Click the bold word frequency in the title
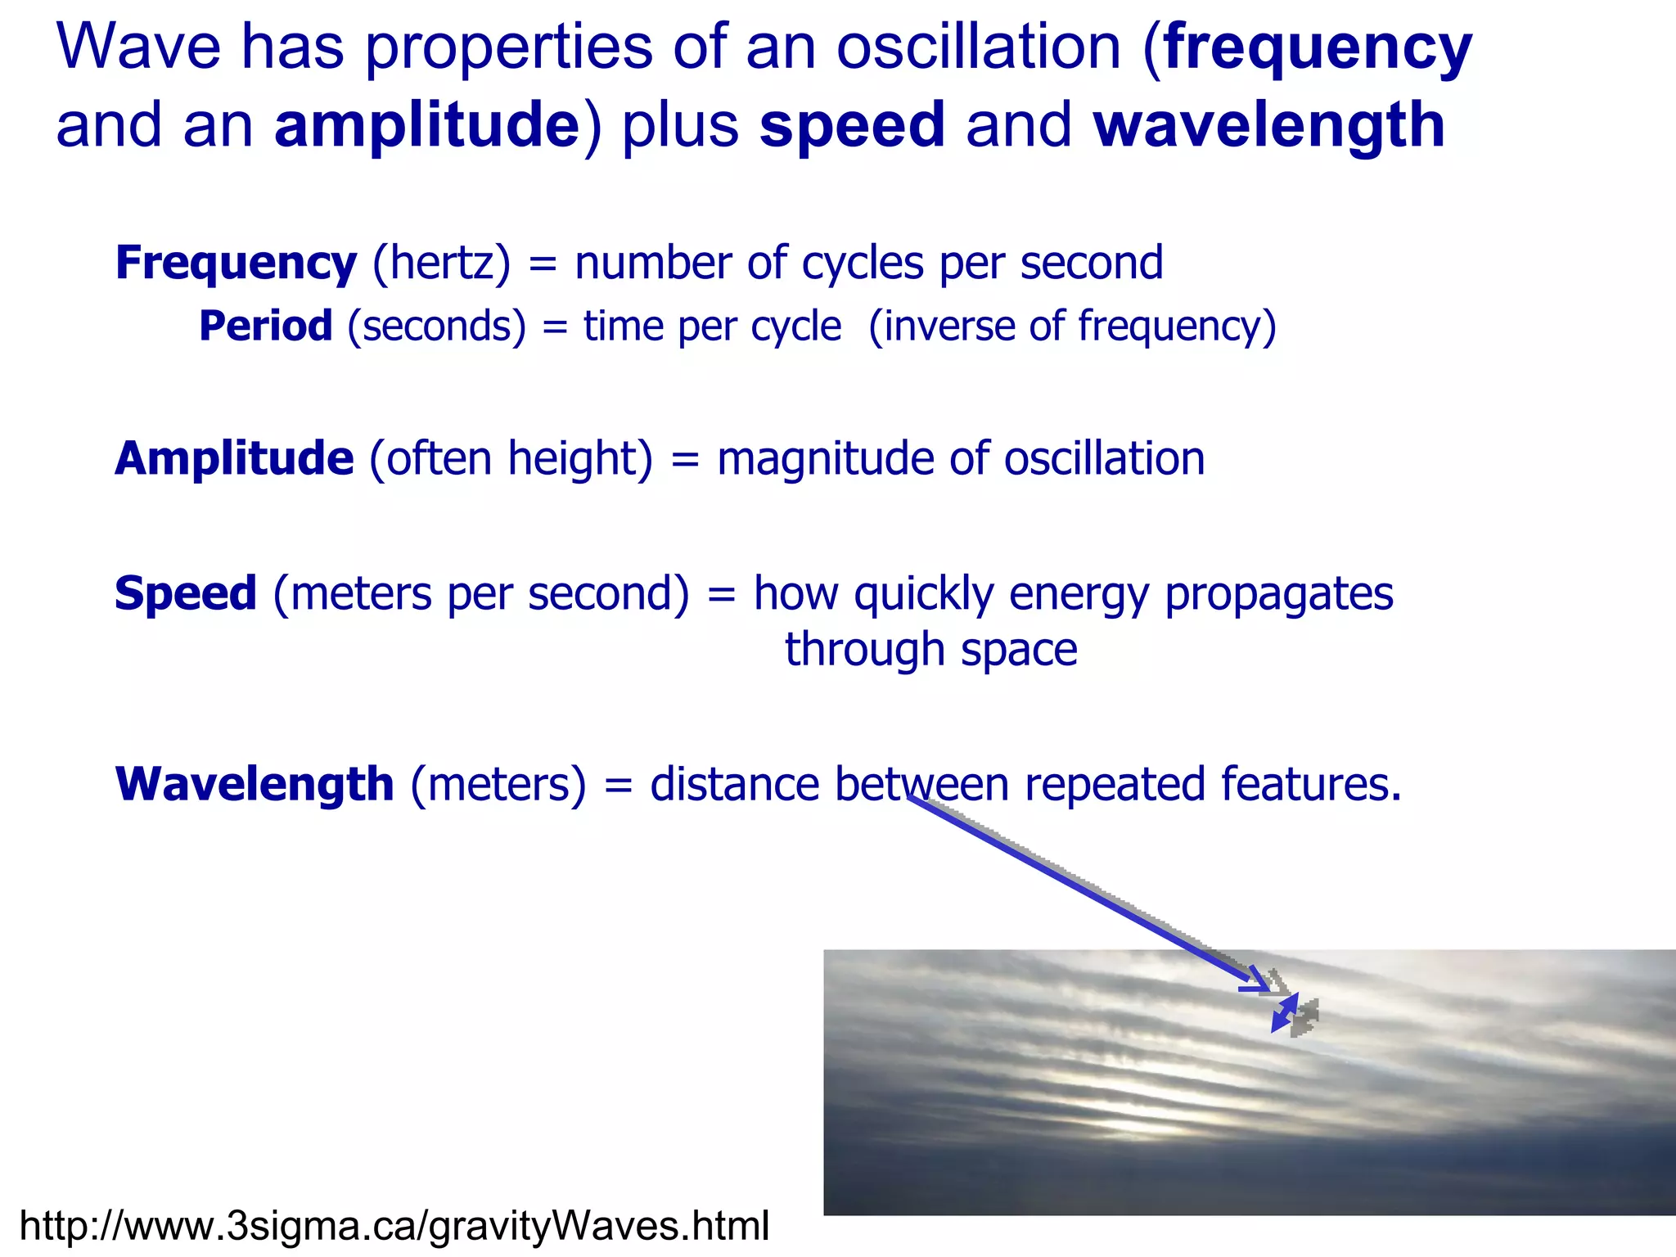point(1318,49)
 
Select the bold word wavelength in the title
point(1268,127)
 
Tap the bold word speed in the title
point(852,127)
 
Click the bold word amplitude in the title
point(426,127)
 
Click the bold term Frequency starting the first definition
point(236,264)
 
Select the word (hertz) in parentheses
point(441,264)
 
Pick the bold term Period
point(265,327)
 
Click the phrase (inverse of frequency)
point(1072,327)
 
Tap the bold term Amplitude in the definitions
point(234,458)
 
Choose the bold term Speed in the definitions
point(186,593)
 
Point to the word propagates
point(1278,595)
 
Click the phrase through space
point(930,650)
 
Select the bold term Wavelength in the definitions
point(255,784)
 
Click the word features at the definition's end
point(1309,784)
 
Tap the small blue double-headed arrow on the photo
point(1284,1013)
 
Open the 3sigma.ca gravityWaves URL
point(394,1226)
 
